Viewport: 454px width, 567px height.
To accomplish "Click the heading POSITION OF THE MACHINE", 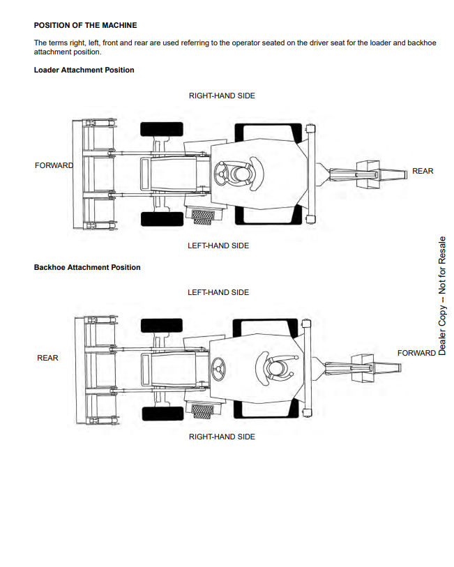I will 85,25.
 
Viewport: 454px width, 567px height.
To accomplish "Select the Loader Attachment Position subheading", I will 84,70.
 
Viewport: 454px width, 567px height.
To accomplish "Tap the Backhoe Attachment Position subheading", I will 87,268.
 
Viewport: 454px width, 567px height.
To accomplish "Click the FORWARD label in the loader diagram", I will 54,165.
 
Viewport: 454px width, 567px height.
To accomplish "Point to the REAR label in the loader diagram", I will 423,171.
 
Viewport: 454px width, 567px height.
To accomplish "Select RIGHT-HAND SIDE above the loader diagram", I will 222,96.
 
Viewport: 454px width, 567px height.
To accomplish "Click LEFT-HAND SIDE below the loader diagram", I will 218,245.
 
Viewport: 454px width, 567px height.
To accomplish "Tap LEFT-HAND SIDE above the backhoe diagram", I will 218,292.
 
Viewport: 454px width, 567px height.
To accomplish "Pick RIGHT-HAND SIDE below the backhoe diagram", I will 222,437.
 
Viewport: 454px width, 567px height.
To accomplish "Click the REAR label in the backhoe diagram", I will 47,358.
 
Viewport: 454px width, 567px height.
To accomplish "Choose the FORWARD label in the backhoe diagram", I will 416,353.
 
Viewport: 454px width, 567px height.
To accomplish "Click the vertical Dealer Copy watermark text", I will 441,296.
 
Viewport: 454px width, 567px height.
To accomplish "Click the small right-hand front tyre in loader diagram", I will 162,129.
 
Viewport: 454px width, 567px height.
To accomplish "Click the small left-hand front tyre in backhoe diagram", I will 162,325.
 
